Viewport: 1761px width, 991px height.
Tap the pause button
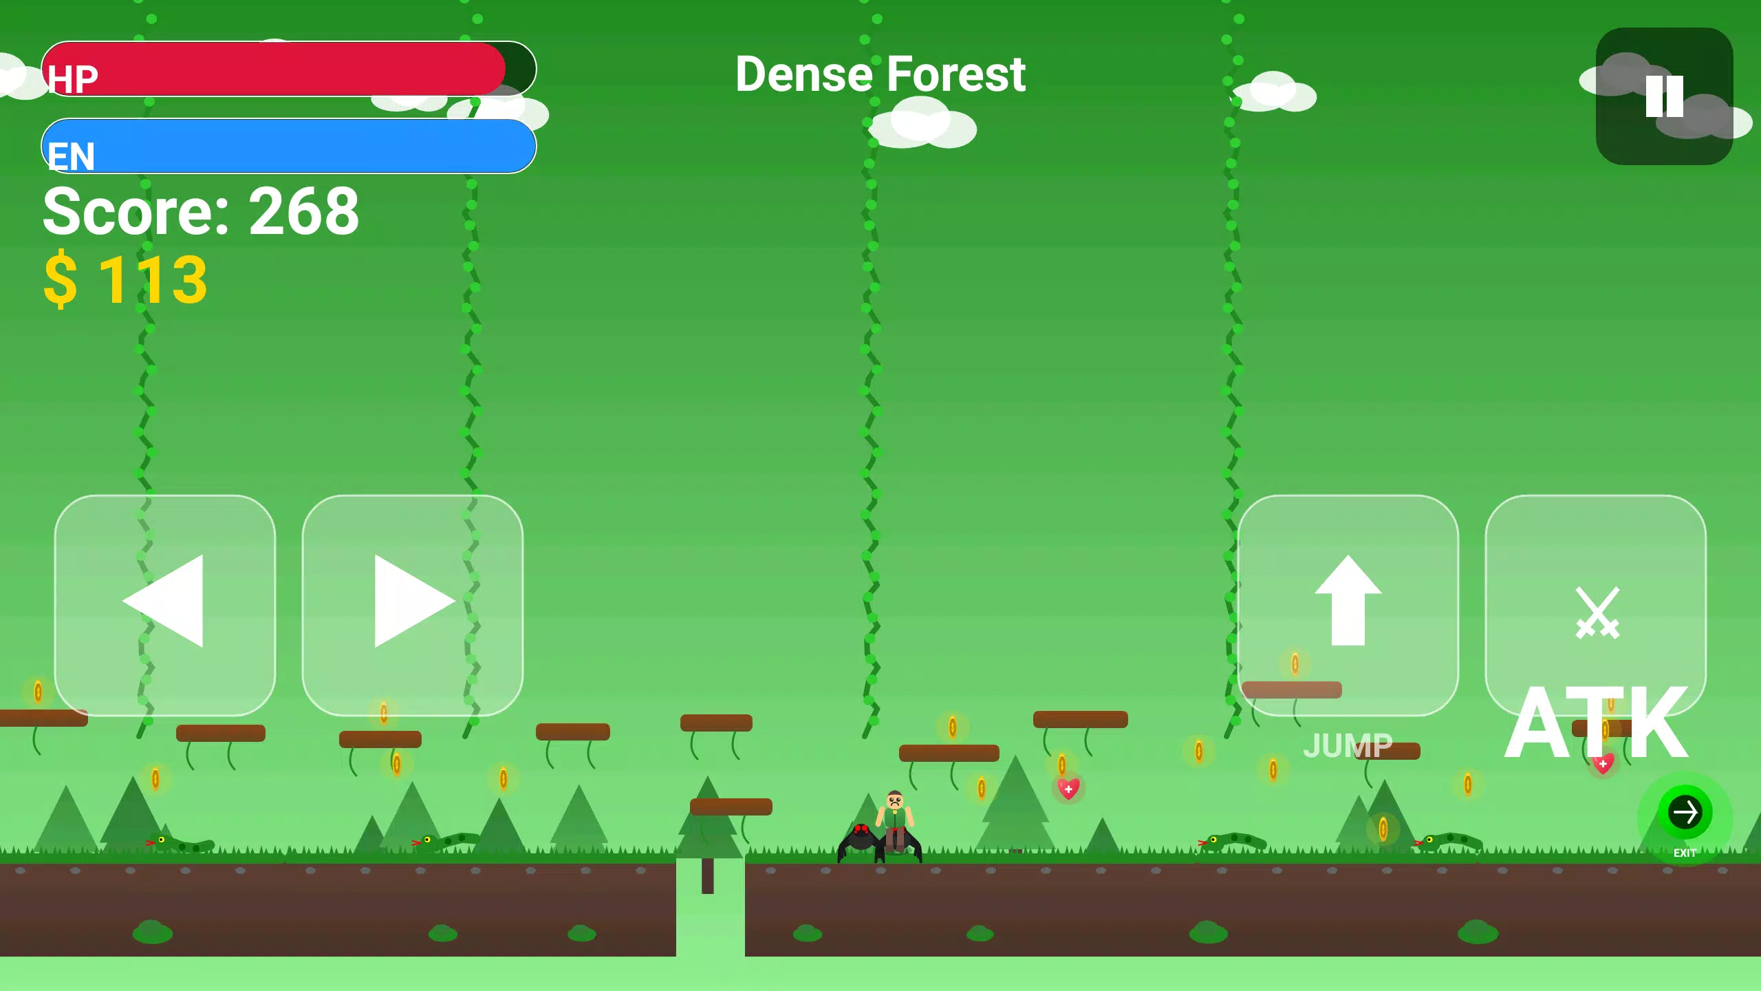tap(1664, 96)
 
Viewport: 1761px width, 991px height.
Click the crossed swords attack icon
tap(1597, 612)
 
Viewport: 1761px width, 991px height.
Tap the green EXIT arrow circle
tap(1685, 813)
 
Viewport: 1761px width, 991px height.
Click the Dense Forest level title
tap(880, 74)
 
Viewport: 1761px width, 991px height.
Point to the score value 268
tap(303, 211)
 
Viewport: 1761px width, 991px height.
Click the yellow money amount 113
tap(153, 279)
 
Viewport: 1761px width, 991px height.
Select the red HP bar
tap(275, 69)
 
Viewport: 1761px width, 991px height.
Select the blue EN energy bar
tap(289, 146)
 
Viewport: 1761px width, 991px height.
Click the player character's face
tap(894, 801)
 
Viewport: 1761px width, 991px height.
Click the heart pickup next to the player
tap(1068, 789)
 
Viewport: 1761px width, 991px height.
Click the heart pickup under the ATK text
tap(1603, 764)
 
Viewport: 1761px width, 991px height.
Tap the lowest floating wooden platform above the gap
tap(731, 807)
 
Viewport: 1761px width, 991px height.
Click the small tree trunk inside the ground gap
tap(707, 875)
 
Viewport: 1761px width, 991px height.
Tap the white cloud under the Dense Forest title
tap(922, 124)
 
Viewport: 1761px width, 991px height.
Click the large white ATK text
tap(1596, 723)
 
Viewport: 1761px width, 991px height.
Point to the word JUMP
tap(1347, 746)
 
